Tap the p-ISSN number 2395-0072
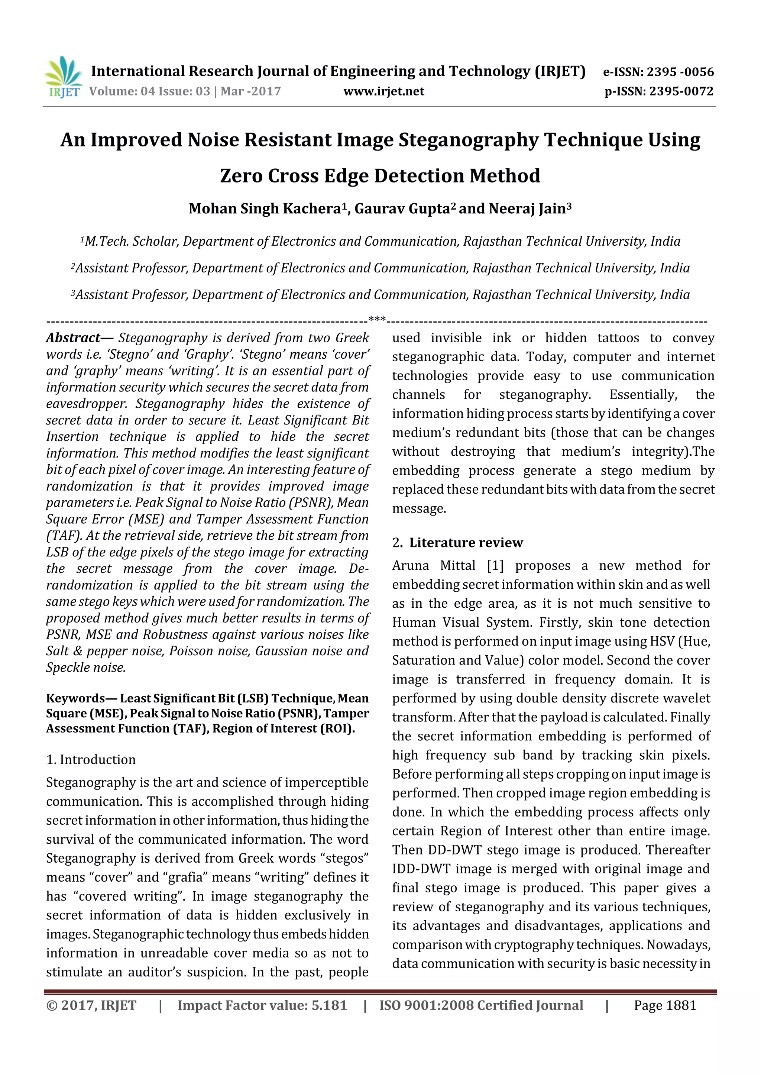(x=681, y=91)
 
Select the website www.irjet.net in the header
(x=383, y=91)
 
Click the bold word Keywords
(x=75, y=699)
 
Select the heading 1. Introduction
(x=91, y=760)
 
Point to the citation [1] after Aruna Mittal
(x=495, y=566)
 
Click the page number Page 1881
(x=664, y=1006)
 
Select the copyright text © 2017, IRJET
(x=91, y=1006)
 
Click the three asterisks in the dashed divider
(x=377, y=320)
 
